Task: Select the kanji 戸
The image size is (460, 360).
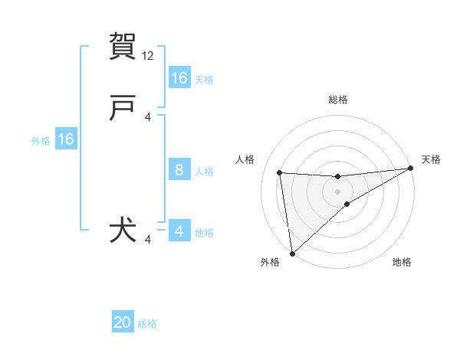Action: (x=123, y=110)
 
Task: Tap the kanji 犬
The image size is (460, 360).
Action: (x=123, y=231)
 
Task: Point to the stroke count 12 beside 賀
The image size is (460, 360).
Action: (x=149, y=56)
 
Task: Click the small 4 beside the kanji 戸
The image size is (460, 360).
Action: (x=149, y=117)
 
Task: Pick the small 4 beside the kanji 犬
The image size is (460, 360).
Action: (x=149, y=240)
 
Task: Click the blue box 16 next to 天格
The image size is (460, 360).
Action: (x=179, y=78)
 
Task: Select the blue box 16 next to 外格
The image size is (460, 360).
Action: (x=66, y=139)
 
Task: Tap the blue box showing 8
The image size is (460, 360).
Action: (x=179, y=170)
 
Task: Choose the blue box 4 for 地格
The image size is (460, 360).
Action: (x=179, y=231)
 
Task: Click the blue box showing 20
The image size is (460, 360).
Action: (x=123, y=323)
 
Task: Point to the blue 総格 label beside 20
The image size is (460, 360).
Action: (x=148, y=324)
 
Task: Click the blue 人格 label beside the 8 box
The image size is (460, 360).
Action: (x=204, y=171)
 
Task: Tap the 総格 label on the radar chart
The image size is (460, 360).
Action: (x=337, y=100)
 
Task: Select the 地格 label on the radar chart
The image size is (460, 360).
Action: (x=402, y=263)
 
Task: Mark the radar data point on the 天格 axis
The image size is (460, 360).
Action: (x=410, y=169)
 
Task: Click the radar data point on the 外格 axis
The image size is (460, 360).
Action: (x=291, y=253)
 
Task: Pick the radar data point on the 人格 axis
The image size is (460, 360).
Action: (x=280, y=172)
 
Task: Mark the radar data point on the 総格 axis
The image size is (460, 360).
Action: (x=337, y=177)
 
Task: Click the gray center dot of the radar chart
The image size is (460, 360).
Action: (x=337, y=191)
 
